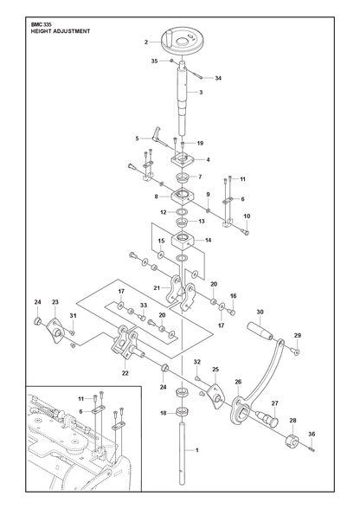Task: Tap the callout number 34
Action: click(218, 78)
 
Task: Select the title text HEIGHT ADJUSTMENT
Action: click(60, 31)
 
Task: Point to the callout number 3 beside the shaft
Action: click(201, 93)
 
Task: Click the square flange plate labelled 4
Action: click(183, 160)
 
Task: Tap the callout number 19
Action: click(200, 143)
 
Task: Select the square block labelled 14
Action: click(183, 241)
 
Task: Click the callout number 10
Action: click(247, 216)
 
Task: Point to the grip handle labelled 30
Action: click(260, 331)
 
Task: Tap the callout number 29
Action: click(298, 336)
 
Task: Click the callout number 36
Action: click(312, 434)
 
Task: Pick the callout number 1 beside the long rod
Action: click(196, 450)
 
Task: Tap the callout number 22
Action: click(125, 373)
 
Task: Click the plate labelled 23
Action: click(55, 330)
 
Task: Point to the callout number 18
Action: click(164, 413)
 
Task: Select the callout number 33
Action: click(144, 306)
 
